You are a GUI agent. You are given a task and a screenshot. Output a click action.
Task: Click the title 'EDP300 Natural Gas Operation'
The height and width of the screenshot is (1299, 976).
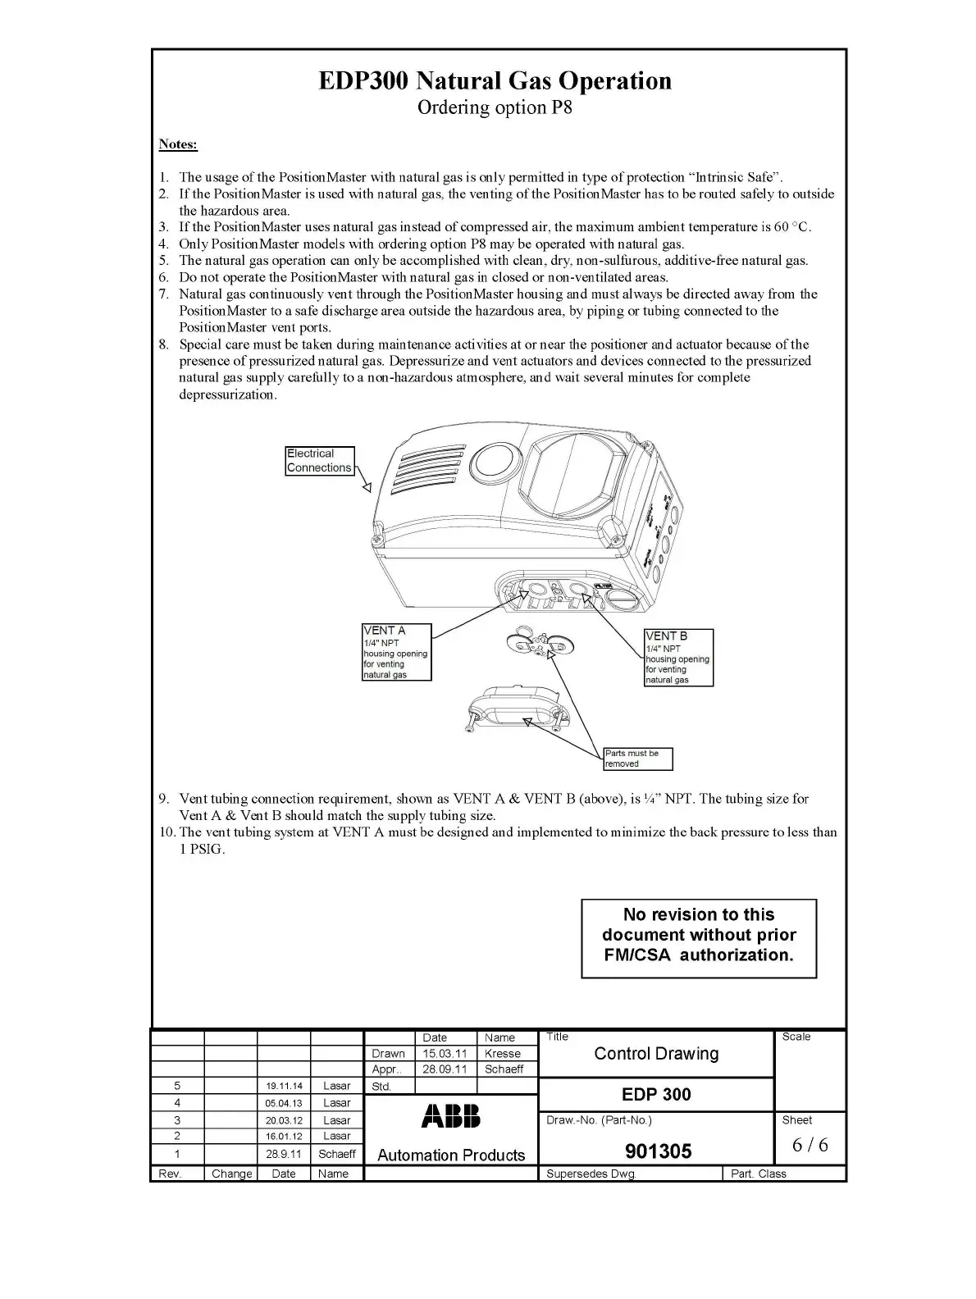[x=495, y=81]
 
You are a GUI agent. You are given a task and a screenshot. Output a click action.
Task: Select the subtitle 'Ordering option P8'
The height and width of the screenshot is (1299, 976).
[x=495, y=107]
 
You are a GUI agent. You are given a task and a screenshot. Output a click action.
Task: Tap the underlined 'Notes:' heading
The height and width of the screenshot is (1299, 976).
[x=178, y=144]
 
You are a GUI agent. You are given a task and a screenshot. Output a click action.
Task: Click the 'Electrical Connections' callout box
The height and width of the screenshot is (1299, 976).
[x=320, y=461]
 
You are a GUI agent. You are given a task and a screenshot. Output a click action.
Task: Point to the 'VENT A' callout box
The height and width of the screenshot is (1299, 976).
[x=396, y=652]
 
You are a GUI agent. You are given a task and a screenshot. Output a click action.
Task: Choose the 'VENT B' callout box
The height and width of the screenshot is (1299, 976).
[x=678, y=657]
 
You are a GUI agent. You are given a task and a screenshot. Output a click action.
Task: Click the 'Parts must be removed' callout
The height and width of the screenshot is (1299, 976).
[x=637, y=759]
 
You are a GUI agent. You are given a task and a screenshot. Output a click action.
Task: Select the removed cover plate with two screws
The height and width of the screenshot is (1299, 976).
[x=517, y=709]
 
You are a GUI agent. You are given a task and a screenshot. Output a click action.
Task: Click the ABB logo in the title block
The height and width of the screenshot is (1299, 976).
[x=451, y=1116]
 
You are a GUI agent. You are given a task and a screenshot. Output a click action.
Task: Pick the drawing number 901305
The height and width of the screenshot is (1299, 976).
[x=659, y=1151]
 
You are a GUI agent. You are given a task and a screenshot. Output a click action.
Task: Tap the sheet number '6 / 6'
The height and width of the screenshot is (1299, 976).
[x=810, y=1145]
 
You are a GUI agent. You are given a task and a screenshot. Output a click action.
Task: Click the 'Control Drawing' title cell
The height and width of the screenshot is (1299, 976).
[x=656, y=1054]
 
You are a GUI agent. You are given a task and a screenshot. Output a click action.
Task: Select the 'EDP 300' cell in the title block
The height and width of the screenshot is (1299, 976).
[x=656, y=1094]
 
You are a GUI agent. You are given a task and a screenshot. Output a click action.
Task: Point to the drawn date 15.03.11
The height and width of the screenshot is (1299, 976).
[x=445, y=1054]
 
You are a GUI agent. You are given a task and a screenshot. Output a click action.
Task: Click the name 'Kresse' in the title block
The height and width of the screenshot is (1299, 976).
[x=503, y=1054]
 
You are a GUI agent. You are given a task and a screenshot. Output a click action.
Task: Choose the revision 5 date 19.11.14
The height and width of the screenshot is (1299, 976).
[x=284, y=1086]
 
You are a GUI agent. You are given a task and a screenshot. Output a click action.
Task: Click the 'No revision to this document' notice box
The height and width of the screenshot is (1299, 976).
[x=699, y=938]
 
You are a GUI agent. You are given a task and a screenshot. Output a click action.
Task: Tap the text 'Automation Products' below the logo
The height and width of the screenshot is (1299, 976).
[x=451, y=1155]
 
